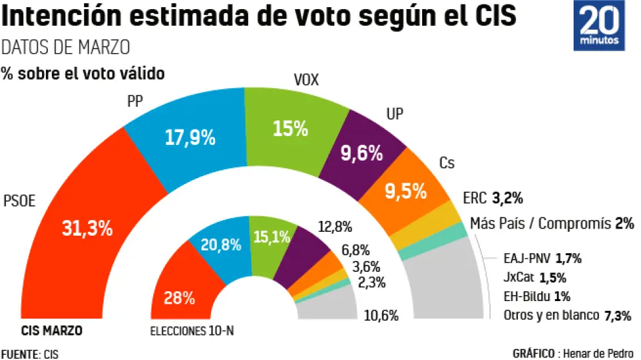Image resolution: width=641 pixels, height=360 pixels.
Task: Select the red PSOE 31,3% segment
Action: pyautogui.click(x=87, y=228)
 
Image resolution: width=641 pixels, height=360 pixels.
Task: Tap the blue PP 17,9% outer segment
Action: pyautogui.click(x=190, y=137)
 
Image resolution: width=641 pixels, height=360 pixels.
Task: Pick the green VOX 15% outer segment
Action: pyautogui.click(x=291, y=128)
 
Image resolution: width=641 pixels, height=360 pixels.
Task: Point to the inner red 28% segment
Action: pyautogui.click(x=179, y=297)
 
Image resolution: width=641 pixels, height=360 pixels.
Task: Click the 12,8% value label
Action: pyautogui.click(x=335, y=227)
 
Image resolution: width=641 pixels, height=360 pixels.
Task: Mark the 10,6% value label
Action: pyautogui.click(x=381, y=316)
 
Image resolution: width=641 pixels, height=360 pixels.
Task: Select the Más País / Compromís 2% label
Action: pyautogui.click(x=551, y=224)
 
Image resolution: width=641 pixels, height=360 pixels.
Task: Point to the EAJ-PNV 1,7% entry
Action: pyautogui.click(x=542, y=259)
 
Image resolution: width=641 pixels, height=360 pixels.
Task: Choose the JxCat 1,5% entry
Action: pyautogui.click(x=534, y=278)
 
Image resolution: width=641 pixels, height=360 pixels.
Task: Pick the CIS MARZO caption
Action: pyautogui.click(x=51, y=331)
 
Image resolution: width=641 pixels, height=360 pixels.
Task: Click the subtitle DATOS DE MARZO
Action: pyautogui.click(x=66, y=47)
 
